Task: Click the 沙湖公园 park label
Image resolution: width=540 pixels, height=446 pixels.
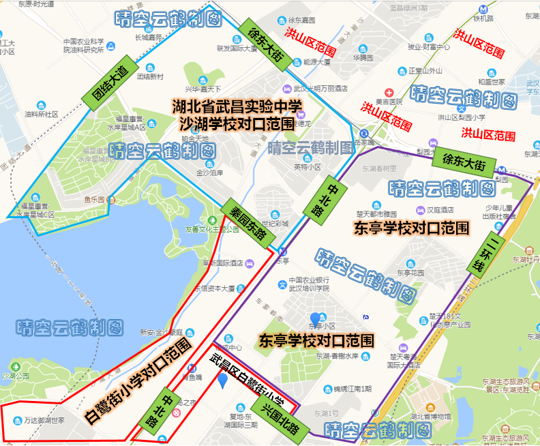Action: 17,376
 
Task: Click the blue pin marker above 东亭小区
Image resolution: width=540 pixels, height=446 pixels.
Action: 315,318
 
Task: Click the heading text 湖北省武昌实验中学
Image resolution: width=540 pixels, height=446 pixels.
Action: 237,106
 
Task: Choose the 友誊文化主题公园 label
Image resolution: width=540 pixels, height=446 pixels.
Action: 212,230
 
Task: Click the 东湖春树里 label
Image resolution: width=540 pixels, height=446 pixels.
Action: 379,168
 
